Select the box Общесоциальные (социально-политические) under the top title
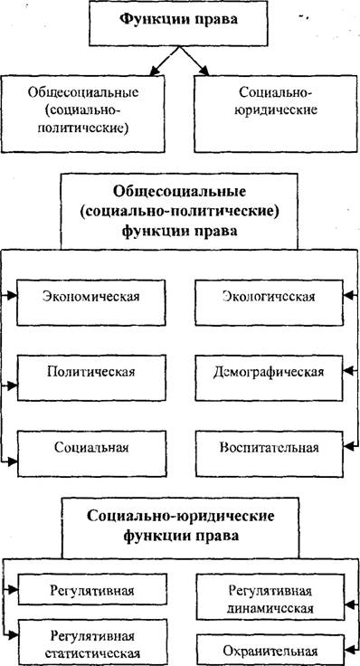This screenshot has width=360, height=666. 83,113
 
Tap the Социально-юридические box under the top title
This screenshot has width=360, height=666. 276,113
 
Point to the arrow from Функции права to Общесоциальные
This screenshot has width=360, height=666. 164,61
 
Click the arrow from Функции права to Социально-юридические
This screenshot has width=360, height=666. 194,61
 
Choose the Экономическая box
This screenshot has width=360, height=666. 90,302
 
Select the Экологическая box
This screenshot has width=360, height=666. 269,302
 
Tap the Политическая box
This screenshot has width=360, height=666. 90,377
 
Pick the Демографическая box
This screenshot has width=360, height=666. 269,377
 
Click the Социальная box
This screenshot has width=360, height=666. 90,453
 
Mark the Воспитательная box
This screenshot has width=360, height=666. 269,453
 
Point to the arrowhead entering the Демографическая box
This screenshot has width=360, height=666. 347,371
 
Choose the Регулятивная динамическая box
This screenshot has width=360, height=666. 270,599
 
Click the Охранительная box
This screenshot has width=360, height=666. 270,651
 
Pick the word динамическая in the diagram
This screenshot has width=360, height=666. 270,608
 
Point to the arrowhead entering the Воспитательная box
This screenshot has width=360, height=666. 347,446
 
